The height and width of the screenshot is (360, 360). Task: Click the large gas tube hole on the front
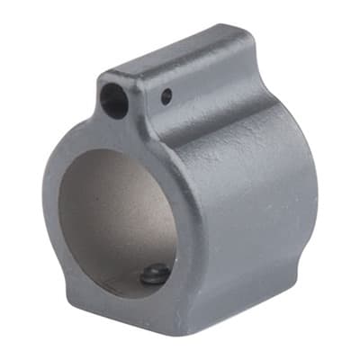(x=114, y=100)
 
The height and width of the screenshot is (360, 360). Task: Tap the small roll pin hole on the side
(x=166, y=94)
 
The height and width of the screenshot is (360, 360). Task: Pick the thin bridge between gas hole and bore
(x=117, y=131)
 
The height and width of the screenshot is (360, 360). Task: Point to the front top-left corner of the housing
(x=101, y=77)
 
